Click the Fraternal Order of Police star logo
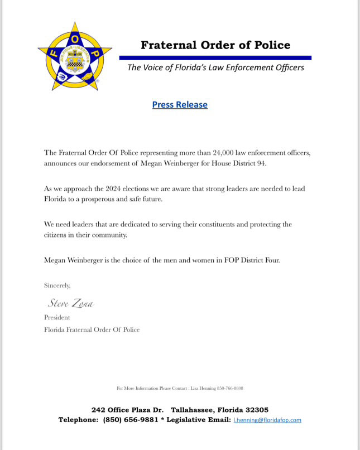(74, 55)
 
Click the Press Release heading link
(180, 105)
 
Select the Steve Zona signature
(70, 304)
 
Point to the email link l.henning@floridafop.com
(267, 420)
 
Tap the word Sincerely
(57, 286)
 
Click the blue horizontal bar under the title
(215, 57)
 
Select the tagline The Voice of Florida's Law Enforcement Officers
(215, 68)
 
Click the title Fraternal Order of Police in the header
(215, 45)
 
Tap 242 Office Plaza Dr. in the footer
(127, 410)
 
